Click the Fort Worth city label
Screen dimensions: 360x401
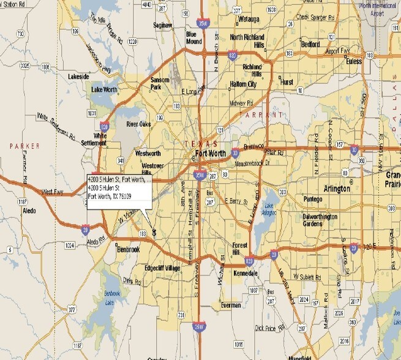(x=210, y=153)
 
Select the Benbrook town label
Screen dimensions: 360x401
(x=129, y=249)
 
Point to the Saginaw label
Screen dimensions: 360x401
(x=162, y=25)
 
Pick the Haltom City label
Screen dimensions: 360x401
(x=243, y=84)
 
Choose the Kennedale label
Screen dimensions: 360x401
(x=245, y=273)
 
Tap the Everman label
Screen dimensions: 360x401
(x=231, y=304)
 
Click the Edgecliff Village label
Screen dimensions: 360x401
(x=162, y=268)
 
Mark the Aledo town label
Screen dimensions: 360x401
(x=30, y=209)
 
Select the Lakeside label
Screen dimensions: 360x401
(x=78, y=77)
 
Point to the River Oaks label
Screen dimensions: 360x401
(x=138, y=124)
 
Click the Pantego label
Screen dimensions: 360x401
(x=312, y=199)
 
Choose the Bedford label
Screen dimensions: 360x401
(x=310, y=44)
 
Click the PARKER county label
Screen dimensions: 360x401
(x=24, y=146)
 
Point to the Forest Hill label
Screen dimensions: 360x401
(x=240, y=249)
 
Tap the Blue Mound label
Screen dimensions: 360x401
(x=194, y=38)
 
